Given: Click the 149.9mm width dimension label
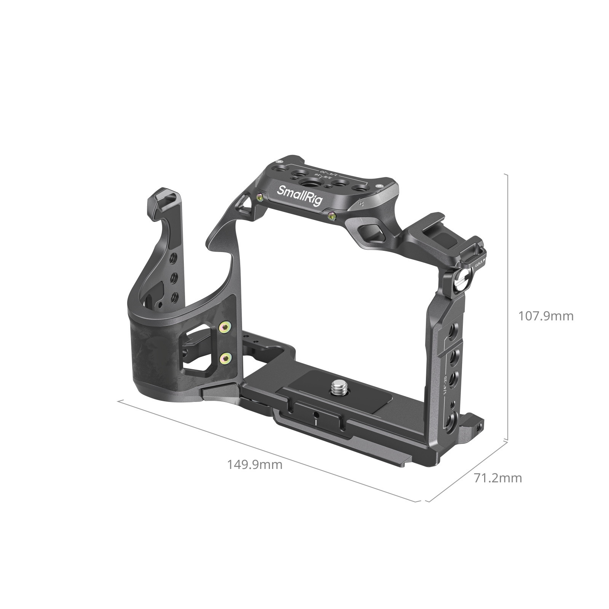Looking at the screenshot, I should [255, 465].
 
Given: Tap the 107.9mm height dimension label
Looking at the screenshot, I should [546, 316].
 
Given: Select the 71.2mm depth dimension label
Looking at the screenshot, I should [498, 478].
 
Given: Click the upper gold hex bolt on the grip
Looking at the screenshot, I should [225, 327].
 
